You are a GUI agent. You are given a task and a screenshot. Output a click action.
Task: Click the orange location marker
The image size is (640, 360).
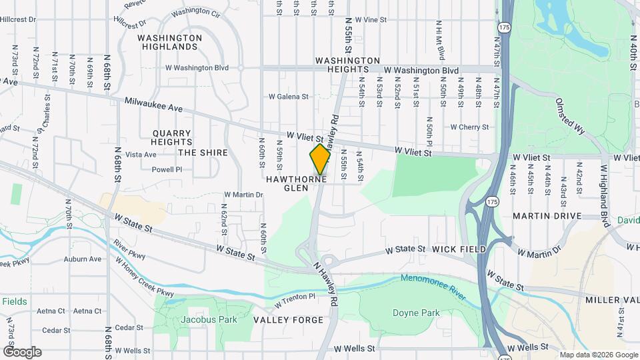320,159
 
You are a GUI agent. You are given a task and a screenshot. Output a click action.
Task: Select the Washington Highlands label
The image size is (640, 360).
169,42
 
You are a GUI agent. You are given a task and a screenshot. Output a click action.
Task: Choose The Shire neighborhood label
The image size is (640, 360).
203,153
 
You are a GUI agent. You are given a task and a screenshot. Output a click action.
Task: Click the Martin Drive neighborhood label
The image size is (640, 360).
547,216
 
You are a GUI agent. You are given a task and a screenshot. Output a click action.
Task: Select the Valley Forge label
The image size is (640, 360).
288,320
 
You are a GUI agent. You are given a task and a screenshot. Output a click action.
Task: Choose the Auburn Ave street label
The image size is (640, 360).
83,259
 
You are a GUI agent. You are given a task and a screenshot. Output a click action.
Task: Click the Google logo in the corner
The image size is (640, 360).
21,351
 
